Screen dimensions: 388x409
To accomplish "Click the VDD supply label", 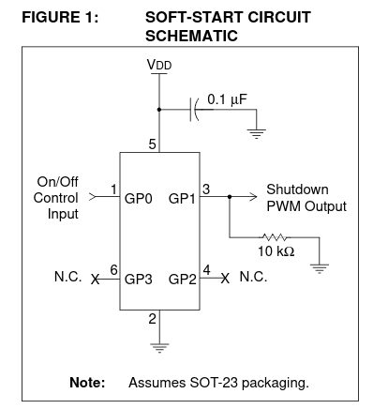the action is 159,65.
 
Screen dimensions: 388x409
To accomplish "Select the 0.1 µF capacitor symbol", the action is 194,110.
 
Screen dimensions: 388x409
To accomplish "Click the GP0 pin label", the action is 139,199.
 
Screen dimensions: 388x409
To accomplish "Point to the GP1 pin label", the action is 182,199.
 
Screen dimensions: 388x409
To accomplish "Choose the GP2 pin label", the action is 183,279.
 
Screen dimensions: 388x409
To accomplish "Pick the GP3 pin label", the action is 139,279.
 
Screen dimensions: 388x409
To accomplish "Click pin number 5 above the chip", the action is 152,144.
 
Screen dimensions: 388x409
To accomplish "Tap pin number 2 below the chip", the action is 152,319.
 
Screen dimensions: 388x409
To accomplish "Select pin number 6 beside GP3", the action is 114,269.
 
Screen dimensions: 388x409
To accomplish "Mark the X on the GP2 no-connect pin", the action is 225,278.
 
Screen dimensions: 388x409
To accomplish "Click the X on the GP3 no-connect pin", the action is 96,279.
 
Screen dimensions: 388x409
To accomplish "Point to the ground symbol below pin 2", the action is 159,348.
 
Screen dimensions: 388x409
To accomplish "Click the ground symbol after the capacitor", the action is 257,134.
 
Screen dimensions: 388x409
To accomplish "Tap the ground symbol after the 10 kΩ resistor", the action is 320,269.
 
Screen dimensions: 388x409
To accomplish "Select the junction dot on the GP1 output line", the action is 230,197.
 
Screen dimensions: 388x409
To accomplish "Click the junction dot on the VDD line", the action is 159,110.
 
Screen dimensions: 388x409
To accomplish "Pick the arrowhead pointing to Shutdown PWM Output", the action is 253,197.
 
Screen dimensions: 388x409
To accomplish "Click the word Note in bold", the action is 87,383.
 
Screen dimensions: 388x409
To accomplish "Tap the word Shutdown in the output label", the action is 297,189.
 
